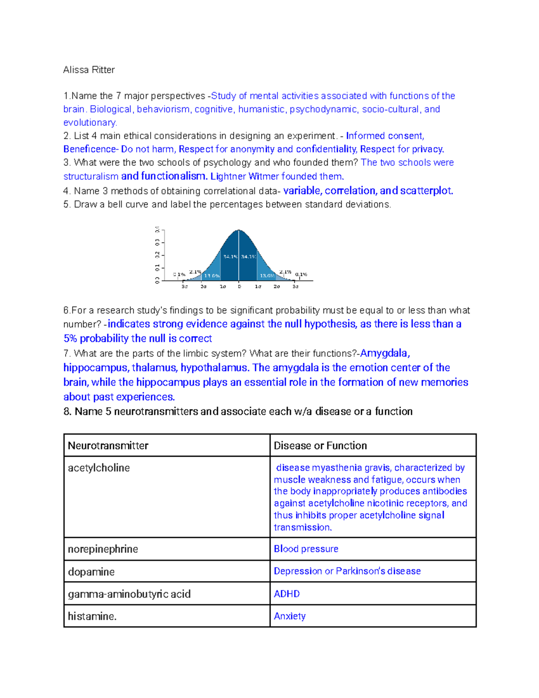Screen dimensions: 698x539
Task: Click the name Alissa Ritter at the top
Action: pyautogui.click(x=89, y=70)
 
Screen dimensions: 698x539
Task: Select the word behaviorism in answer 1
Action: pyautogui.click(x=163, y=109)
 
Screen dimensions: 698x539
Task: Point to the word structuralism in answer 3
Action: pyautogui.click(x=91, y=176)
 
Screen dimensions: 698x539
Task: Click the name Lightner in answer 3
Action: pyautogui.click(x=228, y=176)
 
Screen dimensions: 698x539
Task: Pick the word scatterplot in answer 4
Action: pyautogui.click(x=426, y=191)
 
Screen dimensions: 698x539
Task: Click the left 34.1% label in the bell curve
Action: pyautogui.click(x=230, y=257)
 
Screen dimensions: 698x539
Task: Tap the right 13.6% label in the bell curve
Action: pyautogui.click(x=267, y=276)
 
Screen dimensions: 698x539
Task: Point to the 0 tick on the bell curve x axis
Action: pyautogui.click(x=239, y=286)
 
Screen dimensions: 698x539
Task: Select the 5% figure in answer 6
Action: pyautogui.click(x=70, y=338)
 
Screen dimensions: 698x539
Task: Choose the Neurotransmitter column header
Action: pyautogui.click(x=108, y=445)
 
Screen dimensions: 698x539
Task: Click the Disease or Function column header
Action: pyautogui.click(x=320, y=445)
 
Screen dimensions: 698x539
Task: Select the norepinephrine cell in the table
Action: pyautogui.click(x=103, y=549)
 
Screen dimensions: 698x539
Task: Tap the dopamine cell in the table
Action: pyautogui.click(x=91, y=572)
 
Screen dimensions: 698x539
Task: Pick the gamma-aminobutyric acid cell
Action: pyautogui.click(x=129, y=594)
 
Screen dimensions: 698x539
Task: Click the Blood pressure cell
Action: pyautogui.click(x=306, y=549)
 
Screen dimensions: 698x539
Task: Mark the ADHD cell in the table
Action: pyautogui.click(x=287, y=594)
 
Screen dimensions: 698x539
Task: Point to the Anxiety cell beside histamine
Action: pyautogui.click(x=290, y=616)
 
